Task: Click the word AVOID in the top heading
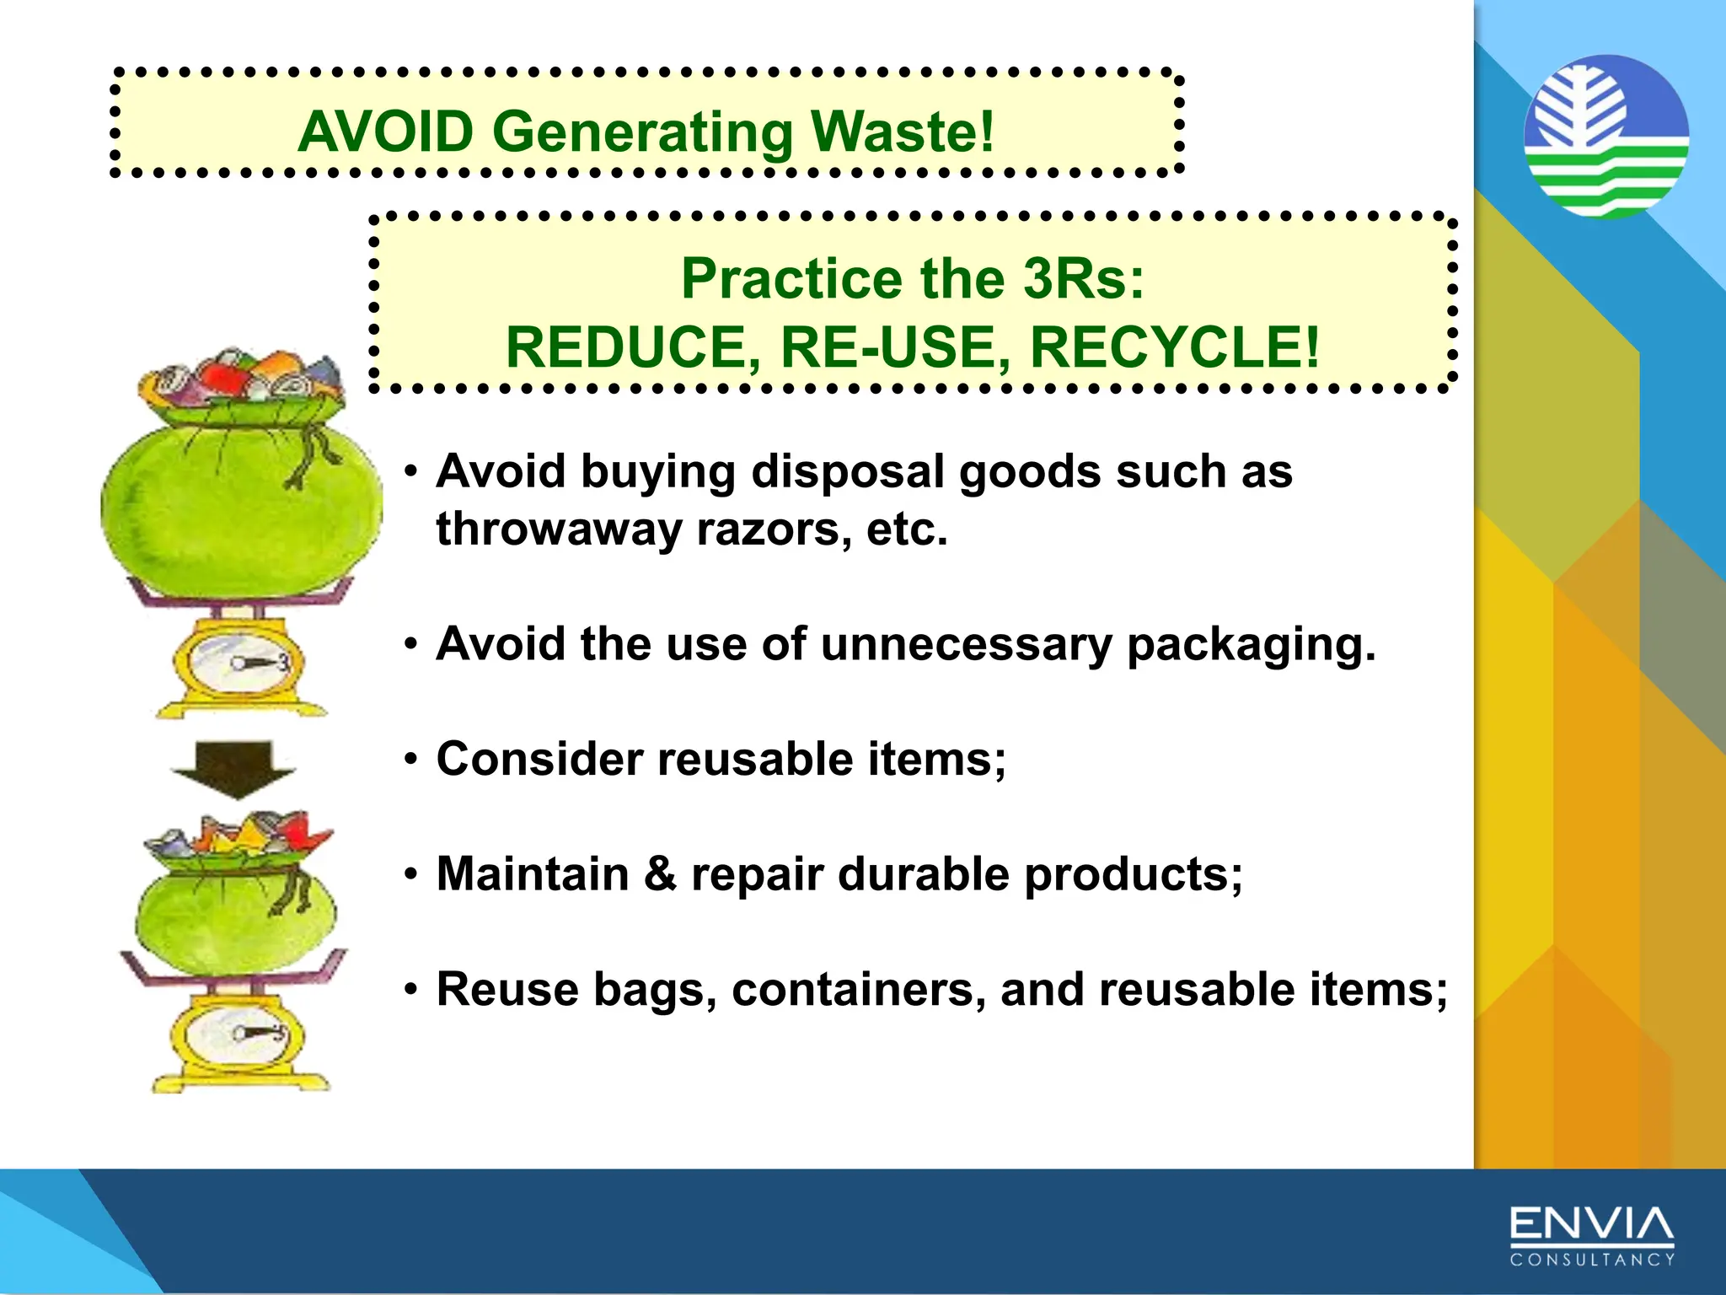point(386,132)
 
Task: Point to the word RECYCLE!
point(1175,347)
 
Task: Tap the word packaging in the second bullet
point(1251,644)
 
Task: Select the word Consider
point(539,759)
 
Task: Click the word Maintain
point(533,873)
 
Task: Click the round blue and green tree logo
point(1606,137)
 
